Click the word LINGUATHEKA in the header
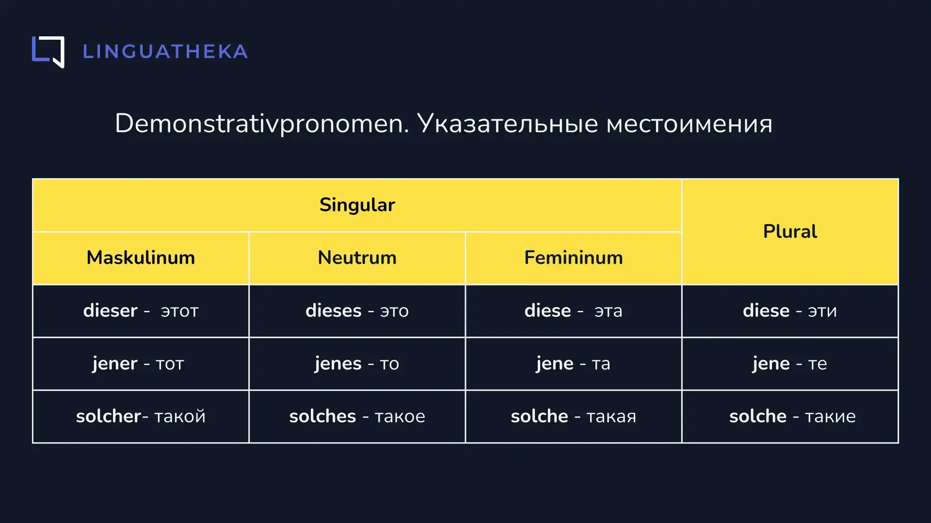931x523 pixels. [x=165, y=52]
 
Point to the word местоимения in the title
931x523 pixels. [x=689, y=124]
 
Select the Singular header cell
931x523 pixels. [x=357, y=205]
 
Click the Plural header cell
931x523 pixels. [x=790, y=231]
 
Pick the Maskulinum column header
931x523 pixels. [x=141, y=258]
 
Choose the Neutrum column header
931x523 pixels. [x=357, y=258]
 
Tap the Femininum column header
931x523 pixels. [x=573, y=258]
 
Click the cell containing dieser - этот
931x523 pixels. [x=141, y=311]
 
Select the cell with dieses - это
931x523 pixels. [x=357, y=311]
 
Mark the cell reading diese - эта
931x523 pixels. [x=573, y=311]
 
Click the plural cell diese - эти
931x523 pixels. [x=790, y=311]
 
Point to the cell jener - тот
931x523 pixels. [x=141, y=364]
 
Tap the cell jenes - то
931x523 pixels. [x=357, y=364]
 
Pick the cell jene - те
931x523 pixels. [x=790, y=364]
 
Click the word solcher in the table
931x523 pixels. [x=109, y=416]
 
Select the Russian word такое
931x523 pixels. [x=400, y=417]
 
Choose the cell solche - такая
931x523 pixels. [x=573, y=416]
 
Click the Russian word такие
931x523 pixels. [x=830, y=417]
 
